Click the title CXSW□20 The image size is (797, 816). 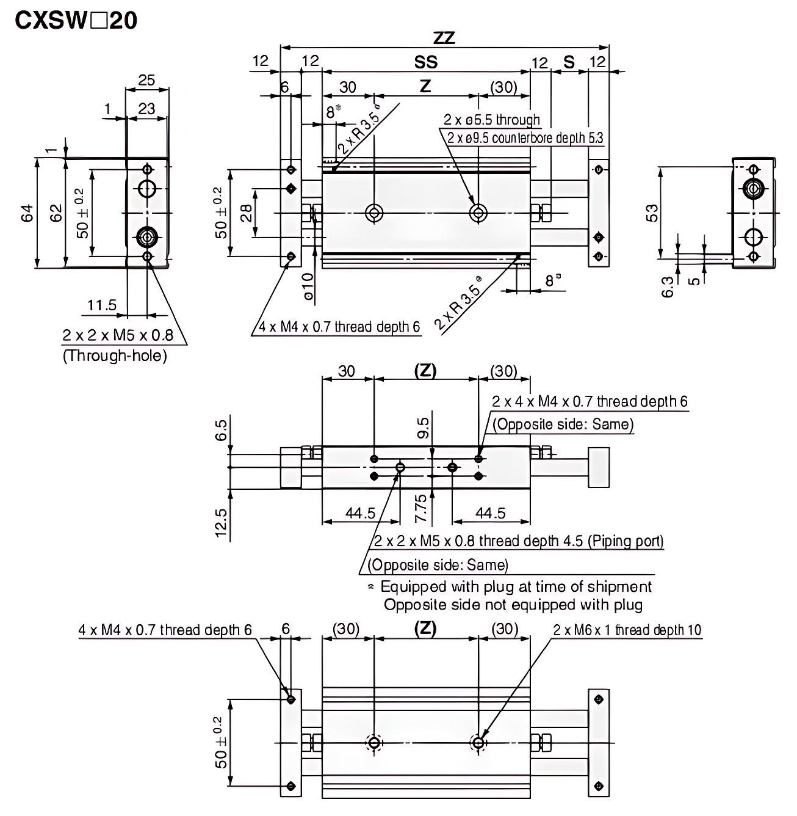(76, 21)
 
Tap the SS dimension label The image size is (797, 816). (426, 62)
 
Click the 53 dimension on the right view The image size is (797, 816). (652, 213)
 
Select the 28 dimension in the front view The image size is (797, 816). (247, 213)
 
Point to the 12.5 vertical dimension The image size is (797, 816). (221, 524)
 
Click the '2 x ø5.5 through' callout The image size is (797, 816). (492, 120)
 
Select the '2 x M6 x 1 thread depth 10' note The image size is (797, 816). (627, 630)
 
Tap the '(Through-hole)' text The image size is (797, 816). (115, 355)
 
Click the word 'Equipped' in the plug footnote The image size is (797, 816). (413, 587)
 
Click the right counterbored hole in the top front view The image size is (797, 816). (478, 213)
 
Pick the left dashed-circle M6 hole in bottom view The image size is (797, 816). (373, 743)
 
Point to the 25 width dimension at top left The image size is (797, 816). (146, 80)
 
